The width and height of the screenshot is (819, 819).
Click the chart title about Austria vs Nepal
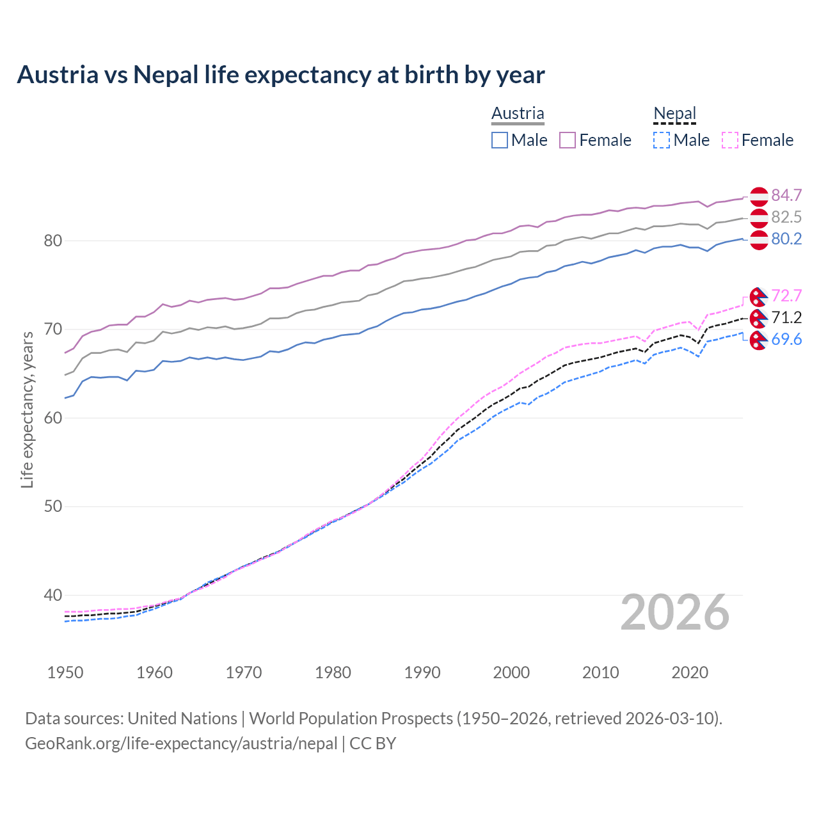pyautogui.click(x=281, y=75)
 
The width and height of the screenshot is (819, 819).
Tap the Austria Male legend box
pyautogui.click(x=500, y=140)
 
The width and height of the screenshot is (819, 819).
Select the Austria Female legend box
pyautogui.click(x=568, y=140)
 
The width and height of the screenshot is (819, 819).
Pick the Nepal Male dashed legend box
pyautogui.click(x=662, y=140)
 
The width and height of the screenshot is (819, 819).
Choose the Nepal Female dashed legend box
pyautogui.click(x=730, y=140)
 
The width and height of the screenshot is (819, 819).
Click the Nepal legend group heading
pyautogui.click(x=674, y=113)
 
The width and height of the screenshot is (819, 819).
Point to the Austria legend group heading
pyautogui.click(x=518, y=113)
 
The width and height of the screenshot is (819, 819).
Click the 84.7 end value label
pyautogui.click(x=786, y=195)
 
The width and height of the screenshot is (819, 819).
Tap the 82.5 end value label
pyautogui.click(x=786, y=217)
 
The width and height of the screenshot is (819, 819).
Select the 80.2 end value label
pyautogui.click(x=786, y=239)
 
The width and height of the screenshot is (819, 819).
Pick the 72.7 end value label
pyautogui.click(x=786, y=296)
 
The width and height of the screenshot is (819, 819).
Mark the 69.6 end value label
pyautogui.click(x=786, y=339)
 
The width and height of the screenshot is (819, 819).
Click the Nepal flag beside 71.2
pyautogui.click(x=758, y=318)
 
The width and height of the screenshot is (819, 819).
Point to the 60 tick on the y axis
pyautogui.click(x=52, y=418)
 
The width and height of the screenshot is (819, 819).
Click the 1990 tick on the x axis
pyautogui.click(x=422, y=672)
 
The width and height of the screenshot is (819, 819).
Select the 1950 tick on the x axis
pyautogui.click(x=65, y=672)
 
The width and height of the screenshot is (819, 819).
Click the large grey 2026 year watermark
pyautogui.click(x=675, y=612)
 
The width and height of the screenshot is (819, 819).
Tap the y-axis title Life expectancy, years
pyautogui.click(x=27, y=409)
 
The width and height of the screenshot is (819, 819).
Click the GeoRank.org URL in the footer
pyautogui.click(x=181, y=743)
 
